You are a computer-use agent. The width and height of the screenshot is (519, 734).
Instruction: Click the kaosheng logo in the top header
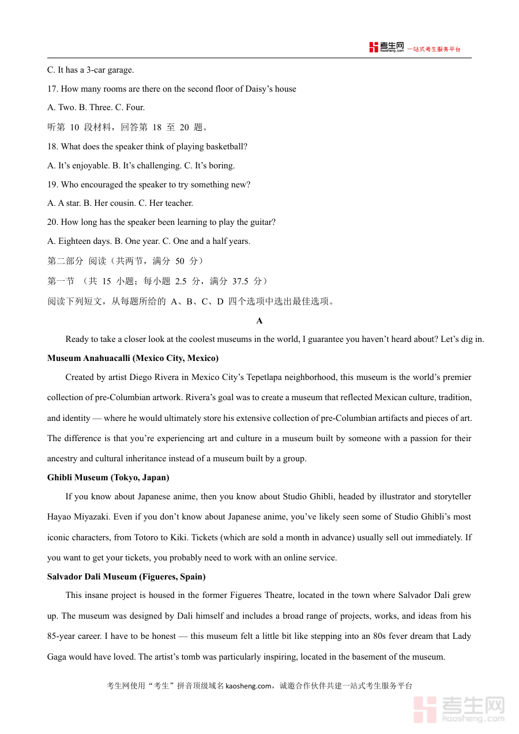[x=386, y=48]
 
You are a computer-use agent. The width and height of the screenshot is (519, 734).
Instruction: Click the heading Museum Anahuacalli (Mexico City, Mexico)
[x=133, y=358]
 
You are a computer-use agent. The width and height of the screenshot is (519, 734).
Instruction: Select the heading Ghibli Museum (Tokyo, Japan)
[x=108, y=477]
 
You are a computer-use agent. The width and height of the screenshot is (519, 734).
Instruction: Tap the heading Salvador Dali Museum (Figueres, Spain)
[x=126, y=577]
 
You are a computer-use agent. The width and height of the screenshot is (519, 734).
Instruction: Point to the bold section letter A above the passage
[x=259, y=321]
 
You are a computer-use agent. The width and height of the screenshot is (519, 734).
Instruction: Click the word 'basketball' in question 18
[x=227, y=146]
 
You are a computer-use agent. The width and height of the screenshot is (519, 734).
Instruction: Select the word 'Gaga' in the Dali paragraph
[x=58, y=657]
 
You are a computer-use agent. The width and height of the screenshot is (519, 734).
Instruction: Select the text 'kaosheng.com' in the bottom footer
[x=249, y=686]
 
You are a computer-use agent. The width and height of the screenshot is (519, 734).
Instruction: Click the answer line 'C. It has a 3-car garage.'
[x=91, y=70]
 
